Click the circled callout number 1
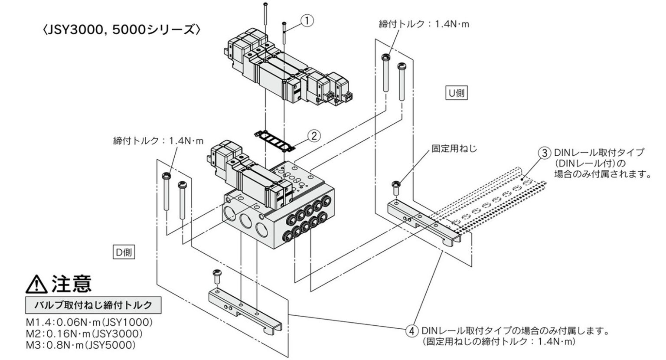click(x=307, y=21)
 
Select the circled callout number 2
click(x=314, y=136)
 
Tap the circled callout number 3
click(x=545, y=153)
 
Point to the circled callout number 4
click(x=412, y=331)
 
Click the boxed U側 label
click(x=457, y=93)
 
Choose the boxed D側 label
click(x=124, y=252)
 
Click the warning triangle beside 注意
click(x=36, y=285)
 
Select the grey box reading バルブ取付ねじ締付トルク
click(x=93, y=305)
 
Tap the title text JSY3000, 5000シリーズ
click(x=121, y=30)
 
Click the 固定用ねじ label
click(x=454, y=148)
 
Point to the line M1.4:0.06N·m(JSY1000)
click(x=89, y=322)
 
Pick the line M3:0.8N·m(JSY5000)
click(x=81, y=345)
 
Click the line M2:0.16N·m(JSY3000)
click(x=85, y=334)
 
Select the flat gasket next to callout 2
click(x=275, y=141)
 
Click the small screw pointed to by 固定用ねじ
click(x=396, y=188)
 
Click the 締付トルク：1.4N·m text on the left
click(x=158, y=141)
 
